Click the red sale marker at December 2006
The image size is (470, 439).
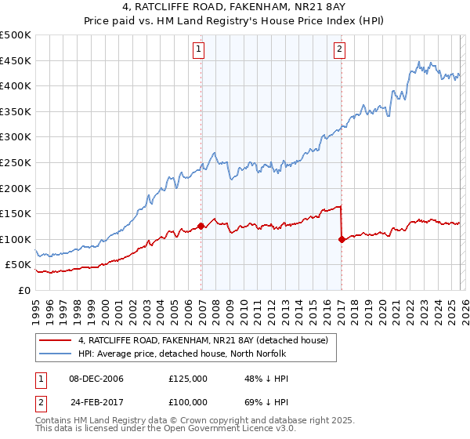(x=201, y=226)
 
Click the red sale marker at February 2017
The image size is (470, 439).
(x=342, y=239)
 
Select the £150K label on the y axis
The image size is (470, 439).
(x=16, y=213)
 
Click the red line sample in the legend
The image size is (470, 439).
(x=56, y=340)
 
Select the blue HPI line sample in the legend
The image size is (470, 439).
(x=56, y=354)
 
